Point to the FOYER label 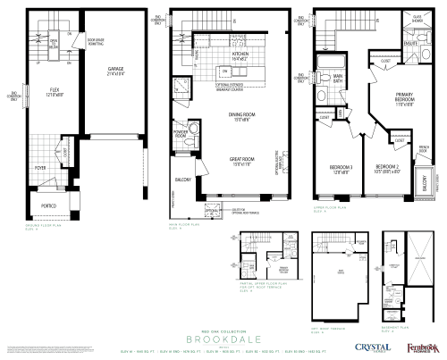coord(41,166)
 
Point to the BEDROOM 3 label coord(340,168)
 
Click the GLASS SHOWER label coord(417,17)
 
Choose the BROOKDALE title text coord(223,339)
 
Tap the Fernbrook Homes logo coord(421,346)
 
